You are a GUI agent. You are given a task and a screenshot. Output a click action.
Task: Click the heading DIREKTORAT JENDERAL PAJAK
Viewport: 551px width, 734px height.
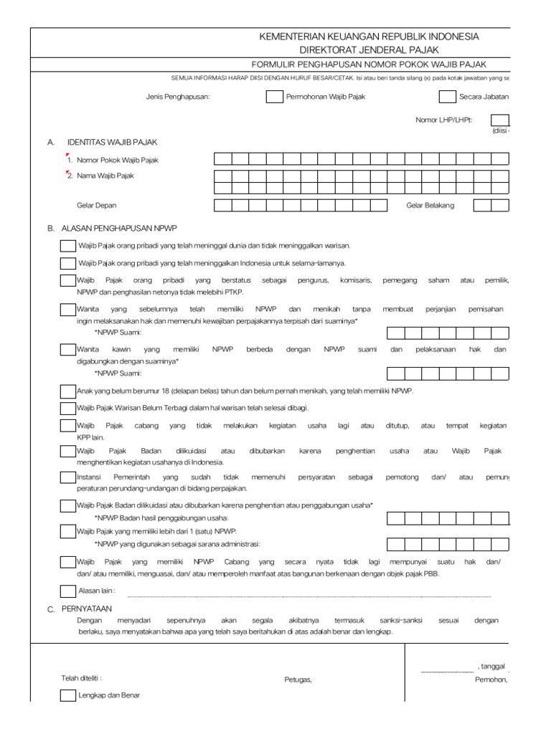pyautogui.click(x=369, y=50)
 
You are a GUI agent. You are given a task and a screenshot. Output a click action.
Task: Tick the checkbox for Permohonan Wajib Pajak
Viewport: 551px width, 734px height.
pyautogui.click(x=274, y=97)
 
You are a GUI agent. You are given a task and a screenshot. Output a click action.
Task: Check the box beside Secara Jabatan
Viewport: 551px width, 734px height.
pyautogui.click(x=447, y=97)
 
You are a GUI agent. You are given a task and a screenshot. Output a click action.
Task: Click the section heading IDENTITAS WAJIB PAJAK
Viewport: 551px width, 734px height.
pyautogui.click(x=112, y=143)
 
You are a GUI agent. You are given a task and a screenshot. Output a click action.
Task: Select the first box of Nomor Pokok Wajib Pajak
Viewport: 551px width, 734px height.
pyautogui.click(x=222, y=159)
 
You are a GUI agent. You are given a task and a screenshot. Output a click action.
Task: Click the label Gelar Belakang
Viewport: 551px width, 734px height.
pyautogui.click(x=430, y=205)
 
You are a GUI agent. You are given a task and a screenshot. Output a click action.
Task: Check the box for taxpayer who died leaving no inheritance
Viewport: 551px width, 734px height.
pyautogui.click(x=67, y=246)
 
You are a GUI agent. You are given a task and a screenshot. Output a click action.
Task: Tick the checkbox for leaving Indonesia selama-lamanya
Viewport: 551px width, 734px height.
pyautogui.click(x=67, y=263)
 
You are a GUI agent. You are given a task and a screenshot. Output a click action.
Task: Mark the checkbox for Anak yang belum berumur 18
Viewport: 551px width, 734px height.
pyautogui.click(x=67, y=391)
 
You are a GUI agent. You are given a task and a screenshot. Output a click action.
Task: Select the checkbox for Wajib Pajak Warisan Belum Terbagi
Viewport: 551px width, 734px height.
pyautogui.click(x=67, y=409)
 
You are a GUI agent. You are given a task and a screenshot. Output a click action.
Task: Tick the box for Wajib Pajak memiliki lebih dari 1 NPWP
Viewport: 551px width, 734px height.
pyautogui.click(x=67, y=531)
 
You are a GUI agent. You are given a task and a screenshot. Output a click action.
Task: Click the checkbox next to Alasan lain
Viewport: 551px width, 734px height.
pyautogui.click(x=67, y=591)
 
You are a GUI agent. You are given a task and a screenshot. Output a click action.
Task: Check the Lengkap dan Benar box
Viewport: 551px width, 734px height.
pyautogui.click(x=67, y=695)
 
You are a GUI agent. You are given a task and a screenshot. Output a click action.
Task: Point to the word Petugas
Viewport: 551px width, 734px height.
pyautogui.click(x=298, y=680)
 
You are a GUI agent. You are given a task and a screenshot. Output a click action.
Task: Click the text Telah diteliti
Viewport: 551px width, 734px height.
pyautogui.click(x=81, y=677)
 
